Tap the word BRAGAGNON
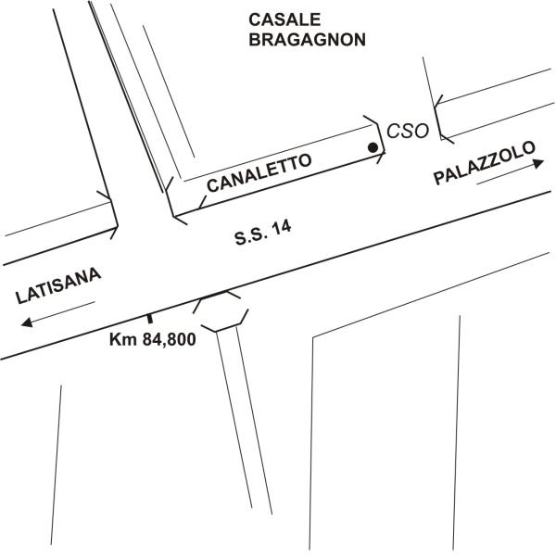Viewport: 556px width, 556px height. coord(296,40)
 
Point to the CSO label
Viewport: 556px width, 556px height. coord(408,132)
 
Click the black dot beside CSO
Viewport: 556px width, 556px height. coord(373,147)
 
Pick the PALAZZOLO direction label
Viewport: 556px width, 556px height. coord(485,165)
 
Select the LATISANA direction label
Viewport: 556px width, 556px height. coord(57,287)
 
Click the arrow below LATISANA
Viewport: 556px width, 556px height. coord(55,314)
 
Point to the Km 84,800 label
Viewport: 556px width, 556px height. coord(152,340)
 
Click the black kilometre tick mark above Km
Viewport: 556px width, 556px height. coord(149,321)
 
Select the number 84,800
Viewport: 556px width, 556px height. coord(169,340)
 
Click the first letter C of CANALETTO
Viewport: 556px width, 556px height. coord(212,185)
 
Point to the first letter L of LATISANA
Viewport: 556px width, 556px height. coord(22,298)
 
